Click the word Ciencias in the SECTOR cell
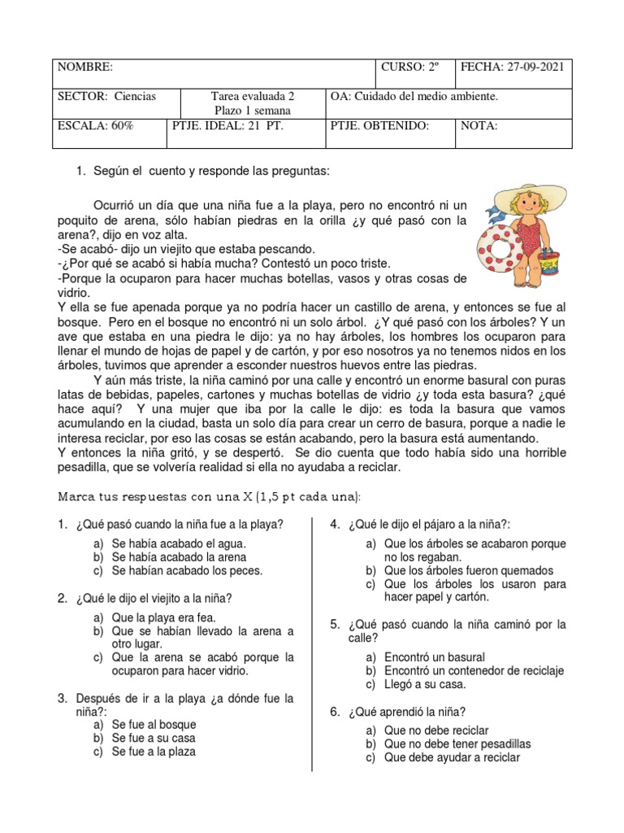point(135,97)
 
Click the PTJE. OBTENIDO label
point(379,126)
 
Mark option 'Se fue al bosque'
point(154,724)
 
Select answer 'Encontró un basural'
point(435,656)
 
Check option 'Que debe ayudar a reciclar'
point(452,757)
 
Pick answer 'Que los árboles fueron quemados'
point(469,571)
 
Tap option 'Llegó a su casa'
point(425,684)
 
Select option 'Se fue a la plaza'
point(154,752)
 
